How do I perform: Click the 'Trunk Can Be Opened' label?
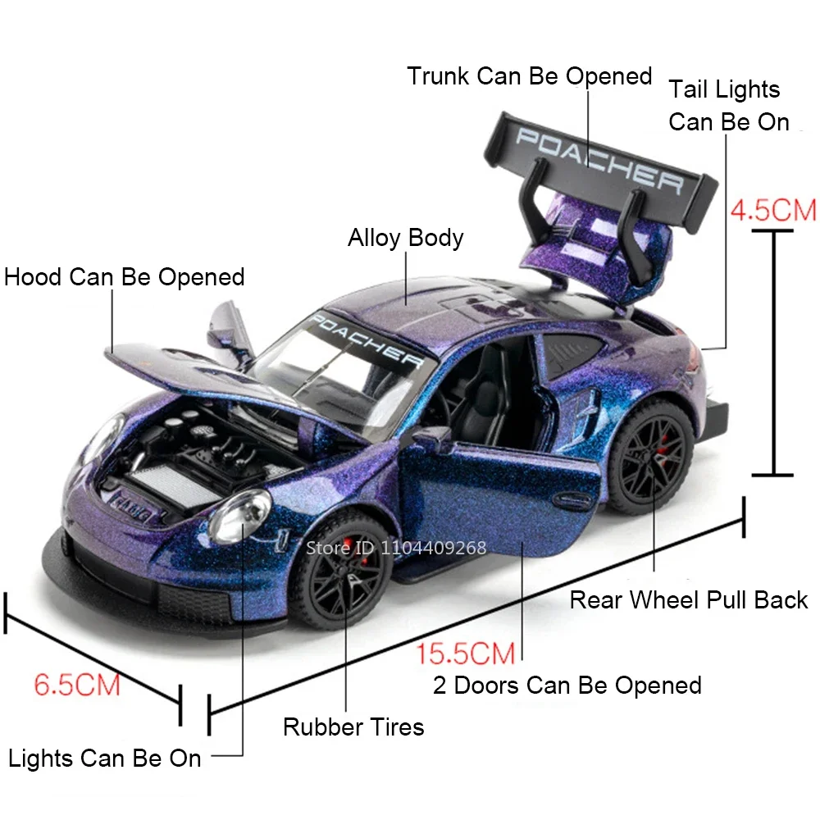coord(529,76)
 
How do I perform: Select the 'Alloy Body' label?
coord(405,238)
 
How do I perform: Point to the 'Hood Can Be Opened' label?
coord(125,276)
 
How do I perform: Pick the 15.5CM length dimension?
coord(465,654)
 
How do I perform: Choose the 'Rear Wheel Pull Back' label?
coord(689,599)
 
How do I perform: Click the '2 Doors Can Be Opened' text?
coord(567,685)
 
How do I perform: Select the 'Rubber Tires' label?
coord(353,727)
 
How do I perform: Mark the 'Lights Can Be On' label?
coord(105,758)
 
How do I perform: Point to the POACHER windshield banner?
coord(367,338)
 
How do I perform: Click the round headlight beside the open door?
coord(239,516)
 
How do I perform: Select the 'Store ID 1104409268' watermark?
coord(396,548)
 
